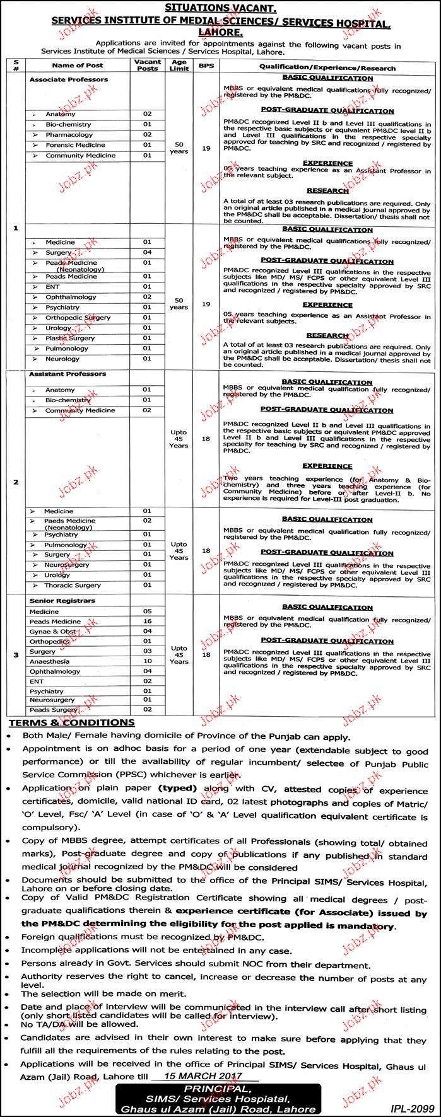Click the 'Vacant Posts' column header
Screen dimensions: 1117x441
point(148,65)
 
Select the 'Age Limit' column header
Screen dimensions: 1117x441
point(179,65)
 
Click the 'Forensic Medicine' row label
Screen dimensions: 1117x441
point(75,145)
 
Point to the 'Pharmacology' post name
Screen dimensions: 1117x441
point(69,135)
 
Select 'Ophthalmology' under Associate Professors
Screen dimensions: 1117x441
point(71,297)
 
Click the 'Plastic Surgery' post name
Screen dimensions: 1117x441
point(70,338)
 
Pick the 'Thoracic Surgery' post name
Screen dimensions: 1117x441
point(73,585)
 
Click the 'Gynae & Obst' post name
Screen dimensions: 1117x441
point(52,631)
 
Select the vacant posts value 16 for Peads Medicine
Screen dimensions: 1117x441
point(148,621)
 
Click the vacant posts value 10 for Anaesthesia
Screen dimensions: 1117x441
point(148,661)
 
